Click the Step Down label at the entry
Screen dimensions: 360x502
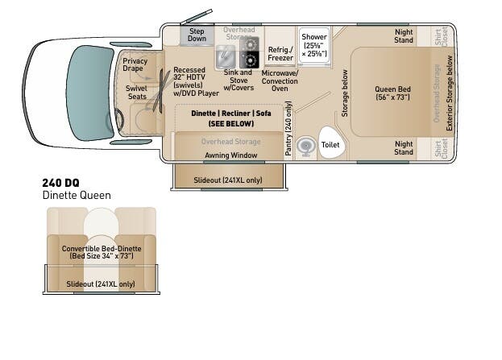(197, 35)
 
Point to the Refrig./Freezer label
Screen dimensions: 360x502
(280, 53)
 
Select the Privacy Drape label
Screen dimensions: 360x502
(135, 65)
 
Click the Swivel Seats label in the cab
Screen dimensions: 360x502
(137, 93)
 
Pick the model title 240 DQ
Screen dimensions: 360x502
(61, 184)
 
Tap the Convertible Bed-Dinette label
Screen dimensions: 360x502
(102, 252)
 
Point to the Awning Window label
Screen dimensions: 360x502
(231, 155)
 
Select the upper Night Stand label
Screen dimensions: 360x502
(404, 36)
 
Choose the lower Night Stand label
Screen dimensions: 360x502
(404, 147)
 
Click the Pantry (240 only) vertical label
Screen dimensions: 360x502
(288, 130)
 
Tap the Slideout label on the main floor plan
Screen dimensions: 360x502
(228, 180)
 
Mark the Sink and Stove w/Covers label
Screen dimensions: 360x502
(238, 80)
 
